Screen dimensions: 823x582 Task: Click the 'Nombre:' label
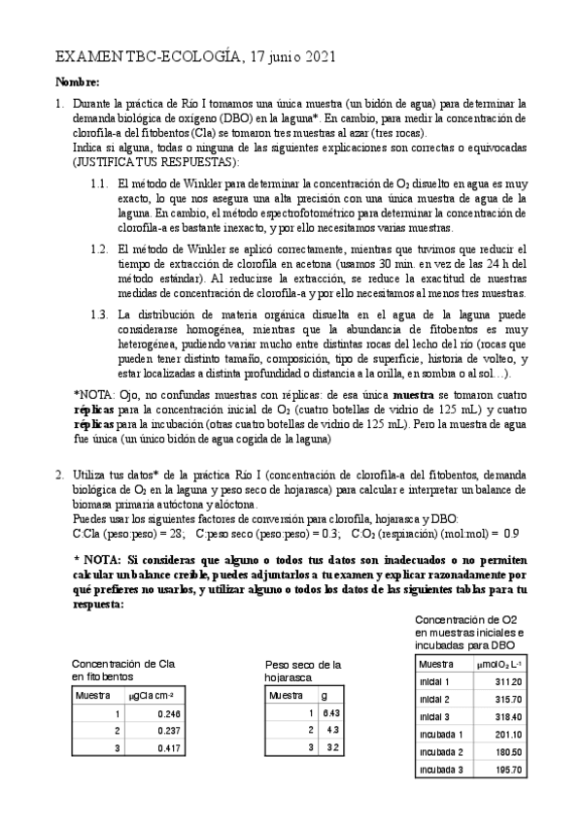coord(77,82)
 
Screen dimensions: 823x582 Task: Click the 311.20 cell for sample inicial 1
coord(505,682)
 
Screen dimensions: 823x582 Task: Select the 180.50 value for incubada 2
coord(505,752)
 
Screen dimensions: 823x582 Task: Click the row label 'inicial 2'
coord(434,700)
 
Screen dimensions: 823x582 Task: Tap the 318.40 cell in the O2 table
coord(505,717)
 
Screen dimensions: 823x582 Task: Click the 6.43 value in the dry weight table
coord(331,713)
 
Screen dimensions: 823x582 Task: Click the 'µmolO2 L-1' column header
coord(501,665)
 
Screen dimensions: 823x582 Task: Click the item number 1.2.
coord(98,249)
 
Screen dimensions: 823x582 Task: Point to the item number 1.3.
coord(98,315)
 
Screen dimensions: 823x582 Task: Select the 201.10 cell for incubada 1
coord(505,735)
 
